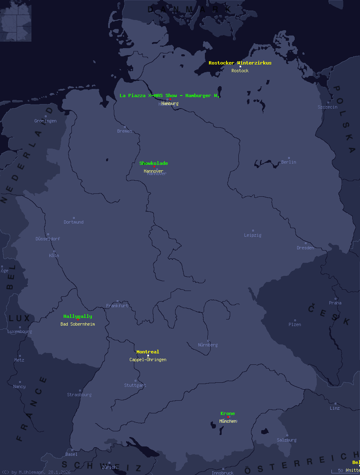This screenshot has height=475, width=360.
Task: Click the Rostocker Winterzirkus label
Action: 240,63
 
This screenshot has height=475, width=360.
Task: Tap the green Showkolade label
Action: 153,163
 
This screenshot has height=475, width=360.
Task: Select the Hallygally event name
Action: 78,316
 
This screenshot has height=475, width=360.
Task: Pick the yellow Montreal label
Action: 148,352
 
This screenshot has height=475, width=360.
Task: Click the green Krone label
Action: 228,413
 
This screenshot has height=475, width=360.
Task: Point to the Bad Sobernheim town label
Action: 78,324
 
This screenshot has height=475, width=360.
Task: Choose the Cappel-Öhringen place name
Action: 148,360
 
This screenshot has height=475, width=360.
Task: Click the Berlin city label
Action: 289,162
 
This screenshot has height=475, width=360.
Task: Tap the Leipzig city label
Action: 253,235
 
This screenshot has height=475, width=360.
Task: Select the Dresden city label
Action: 305,248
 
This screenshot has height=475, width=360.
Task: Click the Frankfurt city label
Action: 117,306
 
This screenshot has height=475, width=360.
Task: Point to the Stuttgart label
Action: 135,385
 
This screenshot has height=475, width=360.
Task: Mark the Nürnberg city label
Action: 208,345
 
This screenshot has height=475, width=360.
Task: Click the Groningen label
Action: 45,121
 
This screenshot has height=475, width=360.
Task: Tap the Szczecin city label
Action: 327,107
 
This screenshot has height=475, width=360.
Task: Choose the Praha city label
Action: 335,303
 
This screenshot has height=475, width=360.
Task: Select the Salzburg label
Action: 287,440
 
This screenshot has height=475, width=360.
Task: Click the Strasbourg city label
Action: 79,395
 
